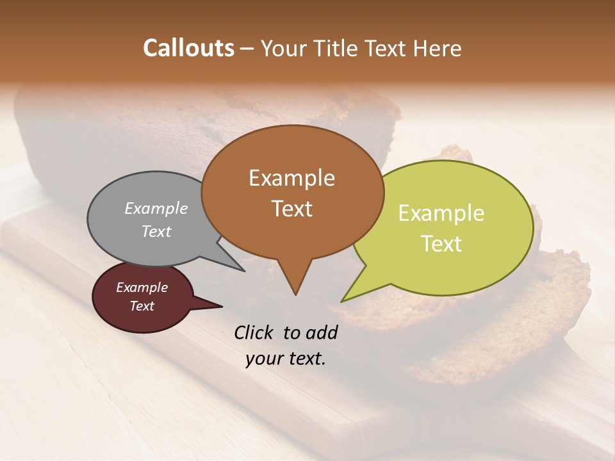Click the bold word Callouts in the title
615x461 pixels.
pos(188,49)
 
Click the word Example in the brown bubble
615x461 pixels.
pos(291,178)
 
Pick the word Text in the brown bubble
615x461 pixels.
pos(291,208)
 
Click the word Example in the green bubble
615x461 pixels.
pos(441,213)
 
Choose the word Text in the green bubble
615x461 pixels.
pos(441,243)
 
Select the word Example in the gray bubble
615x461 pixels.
pos(156,208)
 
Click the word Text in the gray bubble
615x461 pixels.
pos(156,231)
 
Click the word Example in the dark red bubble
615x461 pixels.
pos(142,287)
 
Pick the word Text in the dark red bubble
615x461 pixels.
pos(142,306)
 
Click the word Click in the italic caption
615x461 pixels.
pos(254,332)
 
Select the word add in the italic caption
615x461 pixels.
pos(322,332)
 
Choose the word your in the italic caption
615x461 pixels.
pos(264,359)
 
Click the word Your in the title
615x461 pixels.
pos(284,49)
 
